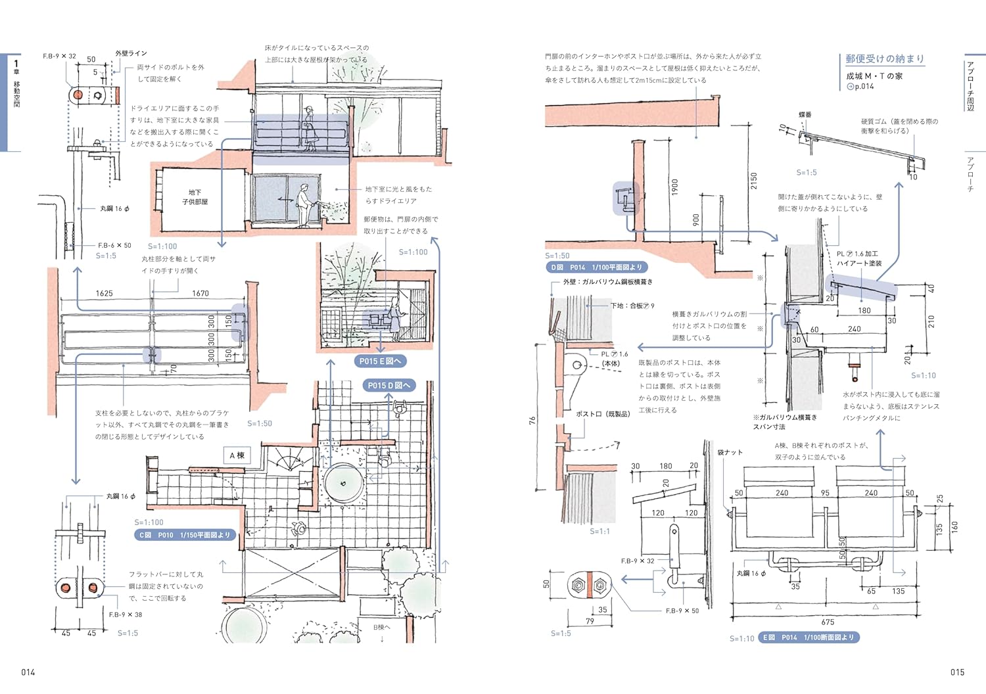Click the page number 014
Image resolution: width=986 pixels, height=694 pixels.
(x=28, y=672)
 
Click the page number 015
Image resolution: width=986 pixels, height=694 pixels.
(x=957, y=672)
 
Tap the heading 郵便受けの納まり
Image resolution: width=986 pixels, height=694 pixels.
(x=885, y=59)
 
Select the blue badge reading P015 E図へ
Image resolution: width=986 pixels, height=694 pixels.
(x=380, y=361)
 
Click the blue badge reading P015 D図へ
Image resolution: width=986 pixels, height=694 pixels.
(x=389, y=386)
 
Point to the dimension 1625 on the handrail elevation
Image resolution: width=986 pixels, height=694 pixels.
(x=104, y=294)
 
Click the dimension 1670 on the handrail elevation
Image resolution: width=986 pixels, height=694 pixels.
(x=200, y=294)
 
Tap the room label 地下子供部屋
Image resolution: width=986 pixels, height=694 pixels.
(x=195, y=197)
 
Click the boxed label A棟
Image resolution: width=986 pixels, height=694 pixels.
(x=237, y=455)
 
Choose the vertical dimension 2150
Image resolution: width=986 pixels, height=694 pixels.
(x=754, y=181)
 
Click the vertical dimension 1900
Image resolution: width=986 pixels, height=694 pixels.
(x=675, y=187)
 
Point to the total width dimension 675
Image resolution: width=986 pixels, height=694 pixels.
(x=828, y=622)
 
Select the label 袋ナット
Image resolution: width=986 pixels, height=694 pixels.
(x=730, y=452)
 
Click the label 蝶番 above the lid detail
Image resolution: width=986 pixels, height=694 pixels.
(x=805, y=115)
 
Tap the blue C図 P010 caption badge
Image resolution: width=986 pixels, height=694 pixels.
(x=185, y=535)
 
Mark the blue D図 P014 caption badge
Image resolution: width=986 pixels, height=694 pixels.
(x=597, y=267)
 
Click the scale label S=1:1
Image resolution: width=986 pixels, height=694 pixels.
(x=599, y=531)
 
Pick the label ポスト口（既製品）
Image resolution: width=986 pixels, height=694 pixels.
(x=603, y=414)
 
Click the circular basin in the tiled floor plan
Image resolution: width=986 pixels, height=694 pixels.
(x=343, y=484)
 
